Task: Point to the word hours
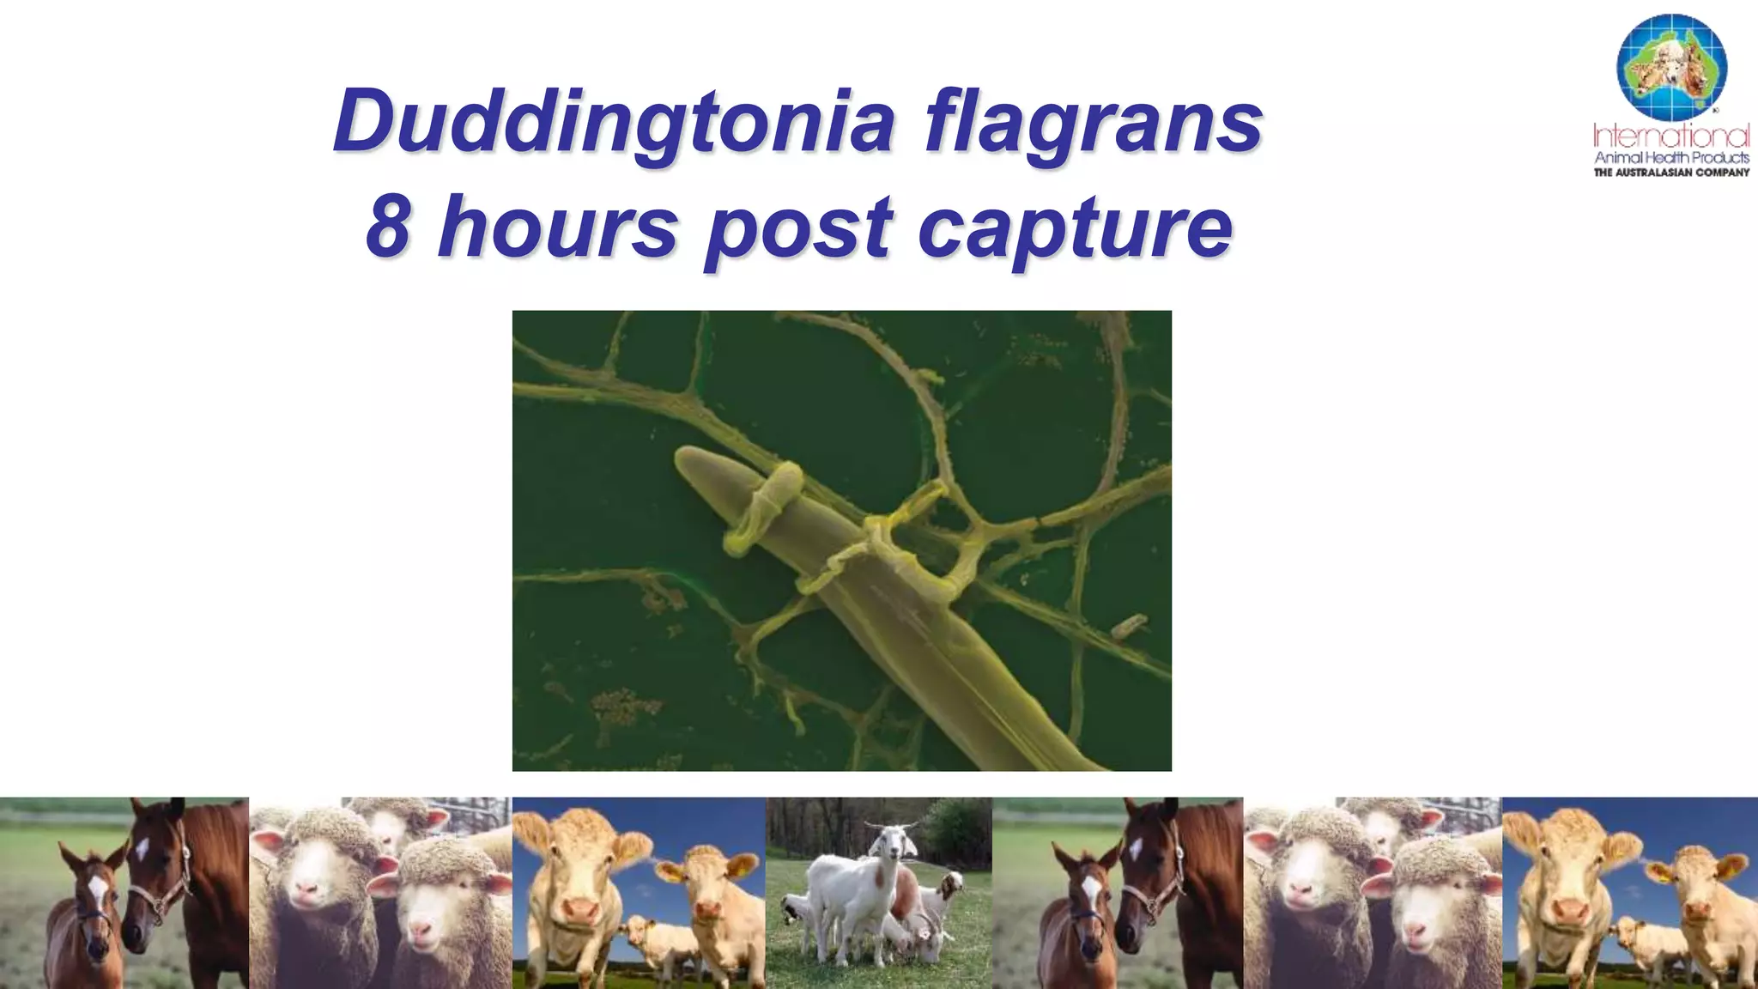click(x=557, y=227)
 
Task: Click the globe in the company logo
click(x=1670, y=67)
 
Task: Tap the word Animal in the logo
click(x=1619, y=158)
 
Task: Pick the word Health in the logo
click(x=1670, y=158)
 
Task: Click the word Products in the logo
click(x=1721, y=158)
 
